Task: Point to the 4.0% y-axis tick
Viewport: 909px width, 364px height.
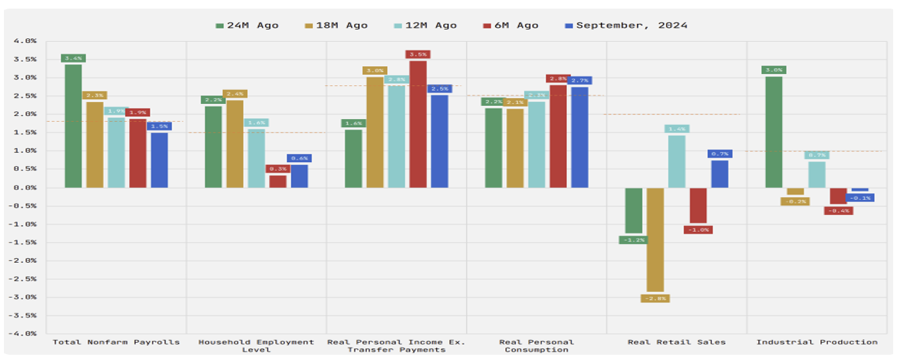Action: pyautogui.click(x=24, y=41)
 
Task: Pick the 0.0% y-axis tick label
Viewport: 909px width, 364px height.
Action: pyautogui.click(x=24, y=187)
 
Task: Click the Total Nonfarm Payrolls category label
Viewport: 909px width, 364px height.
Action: pyautogui.click(x=116, y=342)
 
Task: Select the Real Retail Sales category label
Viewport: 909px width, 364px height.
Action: pyautogui.click(x=677, y=342)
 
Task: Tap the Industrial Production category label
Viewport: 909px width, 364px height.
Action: pyautogui.click(x=817, y=342)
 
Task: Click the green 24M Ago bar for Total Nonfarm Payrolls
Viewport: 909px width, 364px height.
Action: pyautogui.click(x=73, y=126)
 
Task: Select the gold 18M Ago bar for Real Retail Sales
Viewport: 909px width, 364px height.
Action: pyautogui.click(x=655, y=239)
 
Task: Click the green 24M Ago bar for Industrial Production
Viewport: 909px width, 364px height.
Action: pyautogui.click(x=774, y=132)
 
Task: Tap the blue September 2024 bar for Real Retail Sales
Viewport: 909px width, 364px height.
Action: pyautogui.click(x=720, y=174)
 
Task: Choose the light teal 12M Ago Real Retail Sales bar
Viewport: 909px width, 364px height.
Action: pyautogui.click(x=677, y=161)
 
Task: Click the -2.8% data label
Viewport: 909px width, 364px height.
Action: pyautogui.click(x=655, y=298)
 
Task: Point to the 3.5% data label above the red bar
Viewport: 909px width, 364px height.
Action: pyautogui.click(x=418, y=54)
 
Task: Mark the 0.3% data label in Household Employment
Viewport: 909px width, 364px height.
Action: pyautogui.click(x=278, y=169)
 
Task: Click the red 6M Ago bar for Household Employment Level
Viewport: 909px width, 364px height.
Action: pyautogui.click(x=278, y=181)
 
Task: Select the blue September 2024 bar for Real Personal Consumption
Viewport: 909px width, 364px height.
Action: pyautogui.click(x=580, y=137)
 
